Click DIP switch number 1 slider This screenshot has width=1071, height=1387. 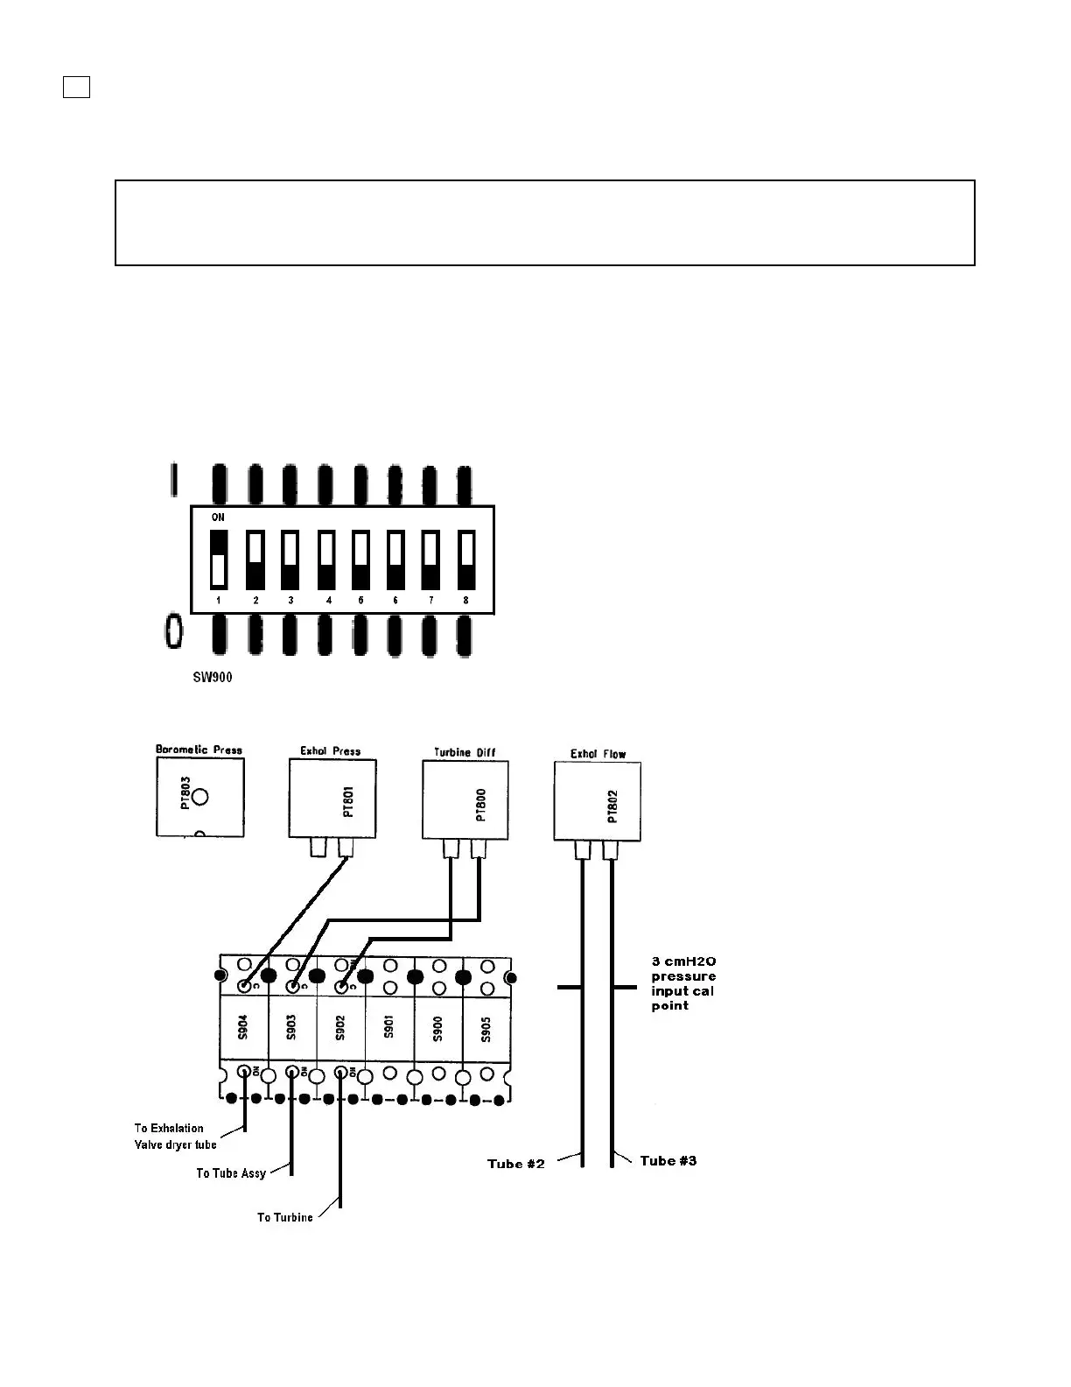pos(219,560)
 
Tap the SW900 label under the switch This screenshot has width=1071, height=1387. pos(213,678)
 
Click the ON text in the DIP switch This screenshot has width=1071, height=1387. pos(218,517)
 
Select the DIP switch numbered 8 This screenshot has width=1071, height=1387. pos(466,560)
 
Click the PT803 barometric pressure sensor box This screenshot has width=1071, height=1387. pos(200,797)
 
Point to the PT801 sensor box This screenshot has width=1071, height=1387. pos(332,799)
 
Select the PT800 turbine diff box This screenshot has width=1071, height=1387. pos(465,799)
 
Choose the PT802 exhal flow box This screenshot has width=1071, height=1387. pos(598,801)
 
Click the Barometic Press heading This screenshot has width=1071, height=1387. pos(199,750)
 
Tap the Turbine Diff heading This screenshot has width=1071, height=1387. pos(464,752)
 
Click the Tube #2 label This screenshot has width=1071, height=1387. pos(516,1164)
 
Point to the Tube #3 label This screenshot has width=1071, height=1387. pos(668,1161)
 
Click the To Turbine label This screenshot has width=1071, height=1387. pos(284,1217)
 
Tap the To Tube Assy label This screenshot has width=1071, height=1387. pos(230,1173)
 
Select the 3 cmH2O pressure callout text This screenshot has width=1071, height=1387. pos(683,983)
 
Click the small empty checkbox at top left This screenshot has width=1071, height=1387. pos(77,87)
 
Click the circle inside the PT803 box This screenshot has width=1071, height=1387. pos(200,797)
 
